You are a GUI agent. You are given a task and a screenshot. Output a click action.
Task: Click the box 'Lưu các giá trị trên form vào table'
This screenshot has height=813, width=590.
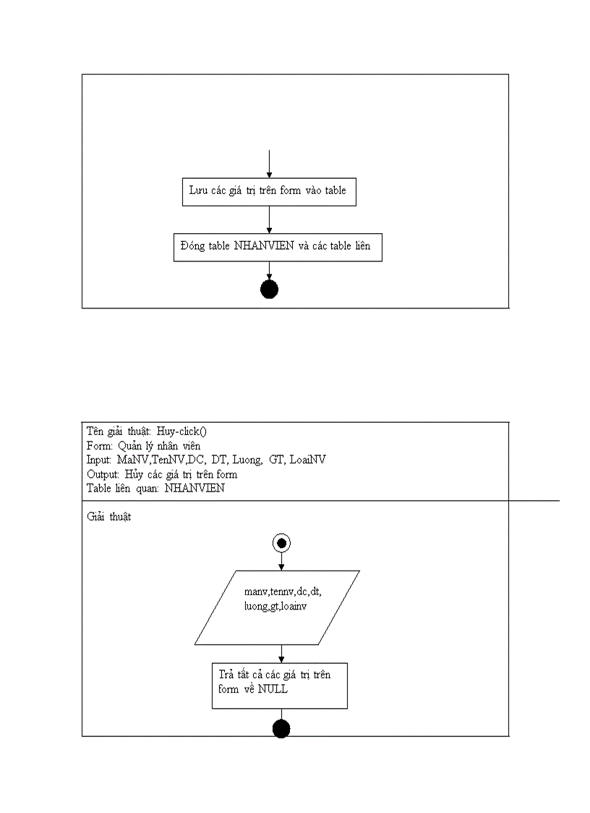268,192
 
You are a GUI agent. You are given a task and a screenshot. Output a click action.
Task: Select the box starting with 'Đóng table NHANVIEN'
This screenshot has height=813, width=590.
278,247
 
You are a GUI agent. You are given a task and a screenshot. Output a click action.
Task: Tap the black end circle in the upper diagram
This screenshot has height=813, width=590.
269,290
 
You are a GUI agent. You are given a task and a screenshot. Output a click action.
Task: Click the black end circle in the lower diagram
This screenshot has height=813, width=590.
281,729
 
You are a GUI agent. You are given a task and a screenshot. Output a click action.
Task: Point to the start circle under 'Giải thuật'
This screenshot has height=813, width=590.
281,542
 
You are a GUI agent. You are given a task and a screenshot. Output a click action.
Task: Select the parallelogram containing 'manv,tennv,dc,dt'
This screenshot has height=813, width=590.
277,607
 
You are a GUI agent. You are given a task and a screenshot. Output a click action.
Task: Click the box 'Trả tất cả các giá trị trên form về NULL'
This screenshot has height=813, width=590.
279,686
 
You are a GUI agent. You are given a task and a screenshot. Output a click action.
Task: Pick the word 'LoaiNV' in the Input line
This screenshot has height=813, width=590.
307,460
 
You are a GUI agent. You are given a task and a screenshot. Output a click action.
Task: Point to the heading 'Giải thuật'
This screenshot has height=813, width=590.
108,518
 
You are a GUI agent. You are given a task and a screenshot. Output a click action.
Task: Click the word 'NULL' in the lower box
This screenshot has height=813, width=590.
273,689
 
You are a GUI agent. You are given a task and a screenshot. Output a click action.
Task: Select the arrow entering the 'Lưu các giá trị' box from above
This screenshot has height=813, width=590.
269,164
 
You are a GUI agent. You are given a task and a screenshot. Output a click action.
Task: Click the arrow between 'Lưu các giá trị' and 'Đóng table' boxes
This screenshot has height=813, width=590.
269,219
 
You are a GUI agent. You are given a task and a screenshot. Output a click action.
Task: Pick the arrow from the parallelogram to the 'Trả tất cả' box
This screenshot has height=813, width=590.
281,653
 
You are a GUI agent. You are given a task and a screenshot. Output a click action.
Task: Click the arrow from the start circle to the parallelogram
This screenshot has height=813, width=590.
281,561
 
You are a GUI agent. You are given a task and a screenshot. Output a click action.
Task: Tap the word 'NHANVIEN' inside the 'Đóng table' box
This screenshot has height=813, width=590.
263,246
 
